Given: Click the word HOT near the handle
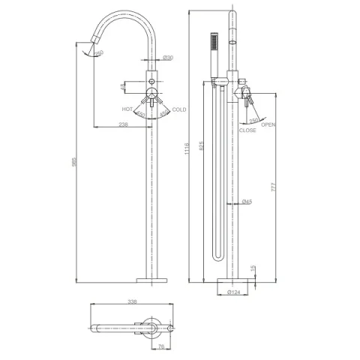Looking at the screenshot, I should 127,109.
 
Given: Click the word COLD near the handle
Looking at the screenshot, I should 179,109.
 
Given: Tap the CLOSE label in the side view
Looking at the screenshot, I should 247,130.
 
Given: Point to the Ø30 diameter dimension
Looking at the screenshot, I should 169,58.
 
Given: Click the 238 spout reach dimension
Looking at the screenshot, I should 124,125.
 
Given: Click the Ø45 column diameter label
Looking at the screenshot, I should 247,201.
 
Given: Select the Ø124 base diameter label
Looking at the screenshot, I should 232,292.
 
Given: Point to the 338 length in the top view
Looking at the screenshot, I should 133,304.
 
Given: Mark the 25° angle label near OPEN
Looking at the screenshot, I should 253,119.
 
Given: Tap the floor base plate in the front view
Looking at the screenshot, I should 155,281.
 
